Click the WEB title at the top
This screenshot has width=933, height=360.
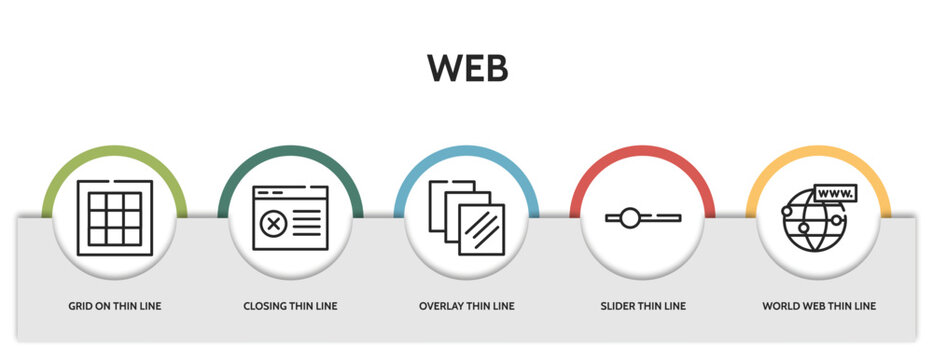467,68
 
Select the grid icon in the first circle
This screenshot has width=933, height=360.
115,217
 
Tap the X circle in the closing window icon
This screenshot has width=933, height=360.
271,224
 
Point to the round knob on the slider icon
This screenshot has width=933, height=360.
629,217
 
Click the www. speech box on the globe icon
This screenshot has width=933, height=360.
834,192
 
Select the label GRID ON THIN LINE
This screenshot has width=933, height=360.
115,306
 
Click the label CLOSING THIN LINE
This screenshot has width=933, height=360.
291,306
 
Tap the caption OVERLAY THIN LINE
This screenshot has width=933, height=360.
467,306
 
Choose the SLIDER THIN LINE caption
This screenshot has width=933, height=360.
643,306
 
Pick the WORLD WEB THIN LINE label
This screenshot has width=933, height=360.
819,306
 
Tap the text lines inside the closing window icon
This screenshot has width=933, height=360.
308,225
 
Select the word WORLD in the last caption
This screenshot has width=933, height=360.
779,306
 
